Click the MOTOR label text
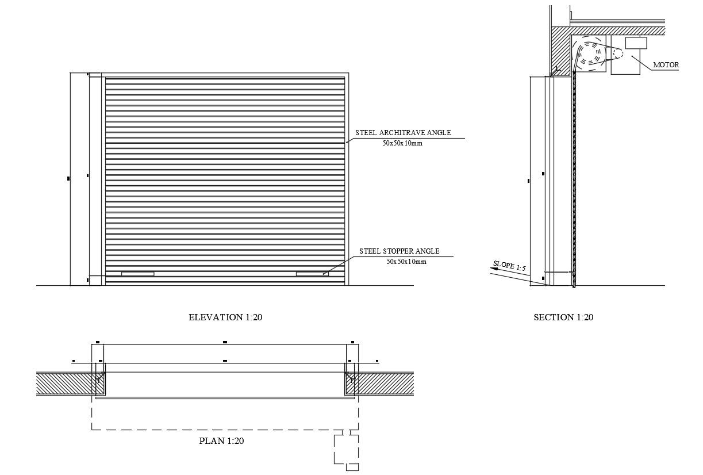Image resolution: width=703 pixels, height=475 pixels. click(x=666, y=65)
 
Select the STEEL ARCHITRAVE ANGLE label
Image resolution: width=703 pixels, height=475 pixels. click(x=403, y=133)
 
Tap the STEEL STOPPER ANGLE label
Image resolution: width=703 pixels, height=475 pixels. click(x=399, y=251)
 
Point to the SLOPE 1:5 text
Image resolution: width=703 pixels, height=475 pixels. click(x=509, y=267)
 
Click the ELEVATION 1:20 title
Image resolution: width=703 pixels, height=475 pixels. click(x=225, y=317)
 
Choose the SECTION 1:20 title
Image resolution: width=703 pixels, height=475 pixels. click(x=563, y=317)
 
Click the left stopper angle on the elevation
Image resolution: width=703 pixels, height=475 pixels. click(x=137, y=274)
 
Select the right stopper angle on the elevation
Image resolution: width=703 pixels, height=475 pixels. click(x=312, y=274)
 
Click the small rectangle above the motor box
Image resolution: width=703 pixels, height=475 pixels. click(x=636, y=43)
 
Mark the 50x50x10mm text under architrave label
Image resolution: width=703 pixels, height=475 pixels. click(x=402, y=143)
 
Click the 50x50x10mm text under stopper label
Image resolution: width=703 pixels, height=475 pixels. click(x=406, y=262)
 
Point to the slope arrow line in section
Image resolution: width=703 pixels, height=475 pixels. click(x=512, y=276)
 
